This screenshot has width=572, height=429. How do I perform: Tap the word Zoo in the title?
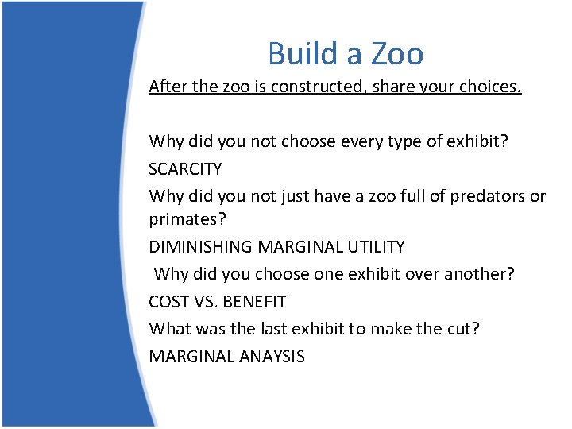point(395,53)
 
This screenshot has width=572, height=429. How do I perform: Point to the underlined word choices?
point(493,87)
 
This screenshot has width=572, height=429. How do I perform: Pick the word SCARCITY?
point(185,169)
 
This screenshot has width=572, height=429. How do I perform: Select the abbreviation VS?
point(203,302)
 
